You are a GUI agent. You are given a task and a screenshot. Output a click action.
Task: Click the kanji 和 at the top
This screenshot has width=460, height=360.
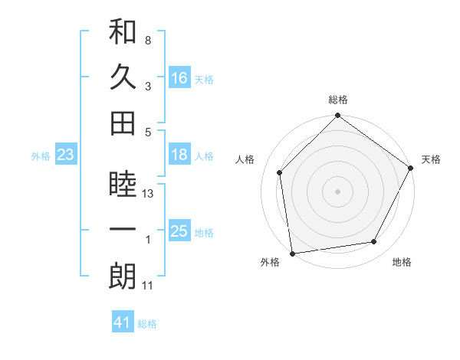123,33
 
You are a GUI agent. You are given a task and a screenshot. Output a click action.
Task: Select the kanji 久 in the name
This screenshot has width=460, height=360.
123,77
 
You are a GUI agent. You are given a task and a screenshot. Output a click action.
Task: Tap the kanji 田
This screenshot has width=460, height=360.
123,122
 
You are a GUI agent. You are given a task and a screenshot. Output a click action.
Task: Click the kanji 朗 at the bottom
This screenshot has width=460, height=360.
123,277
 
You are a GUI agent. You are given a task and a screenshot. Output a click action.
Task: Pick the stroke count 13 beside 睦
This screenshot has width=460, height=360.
149,195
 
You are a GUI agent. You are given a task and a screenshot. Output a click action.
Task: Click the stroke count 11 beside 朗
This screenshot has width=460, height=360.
149,286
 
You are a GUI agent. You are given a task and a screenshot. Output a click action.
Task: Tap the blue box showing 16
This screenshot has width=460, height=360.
179,78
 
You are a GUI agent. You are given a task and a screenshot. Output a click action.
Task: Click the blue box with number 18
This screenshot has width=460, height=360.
179,155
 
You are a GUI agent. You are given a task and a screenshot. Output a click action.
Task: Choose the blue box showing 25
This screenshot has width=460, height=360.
179,232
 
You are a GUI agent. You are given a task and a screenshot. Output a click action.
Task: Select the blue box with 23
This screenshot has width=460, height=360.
66,155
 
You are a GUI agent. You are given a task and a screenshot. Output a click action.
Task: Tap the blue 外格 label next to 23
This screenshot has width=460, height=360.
41,156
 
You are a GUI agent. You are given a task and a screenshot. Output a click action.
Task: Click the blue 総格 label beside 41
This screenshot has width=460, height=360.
147,324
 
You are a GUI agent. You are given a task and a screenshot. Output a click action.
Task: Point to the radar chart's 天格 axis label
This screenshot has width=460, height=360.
431,159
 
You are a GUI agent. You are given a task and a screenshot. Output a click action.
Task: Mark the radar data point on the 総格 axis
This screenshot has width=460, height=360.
337,117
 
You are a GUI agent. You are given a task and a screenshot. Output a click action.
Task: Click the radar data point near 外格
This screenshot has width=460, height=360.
292,253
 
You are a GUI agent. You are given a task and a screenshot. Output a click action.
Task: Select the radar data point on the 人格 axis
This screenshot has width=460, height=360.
280,172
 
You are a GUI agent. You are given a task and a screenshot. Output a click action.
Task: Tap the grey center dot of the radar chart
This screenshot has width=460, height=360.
337,191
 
